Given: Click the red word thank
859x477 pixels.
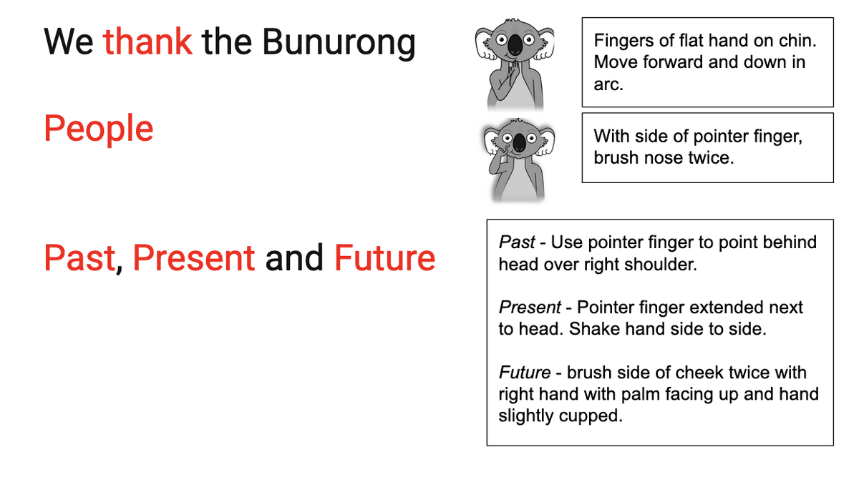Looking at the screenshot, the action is coord(147,41).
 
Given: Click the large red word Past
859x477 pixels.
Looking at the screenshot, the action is coord(79,258).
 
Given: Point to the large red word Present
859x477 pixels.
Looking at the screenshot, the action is coord(194,258).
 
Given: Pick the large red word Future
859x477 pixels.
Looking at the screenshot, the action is coord(384,258).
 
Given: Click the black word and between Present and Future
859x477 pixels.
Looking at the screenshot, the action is coord(294,258).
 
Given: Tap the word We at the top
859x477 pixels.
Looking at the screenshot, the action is coord(69,41).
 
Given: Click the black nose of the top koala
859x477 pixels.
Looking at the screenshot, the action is coord(515,45).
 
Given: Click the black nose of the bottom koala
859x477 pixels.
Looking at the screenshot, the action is coord(519,143).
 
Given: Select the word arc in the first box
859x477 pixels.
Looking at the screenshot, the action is coord(608,84).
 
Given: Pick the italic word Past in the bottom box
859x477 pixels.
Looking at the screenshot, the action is coord(517,242).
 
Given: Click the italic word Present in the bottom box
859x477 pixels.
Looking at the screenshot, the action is coord(530,308).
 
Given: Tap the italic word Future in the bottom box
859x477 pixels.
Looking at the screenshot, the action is coord(525,373).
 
